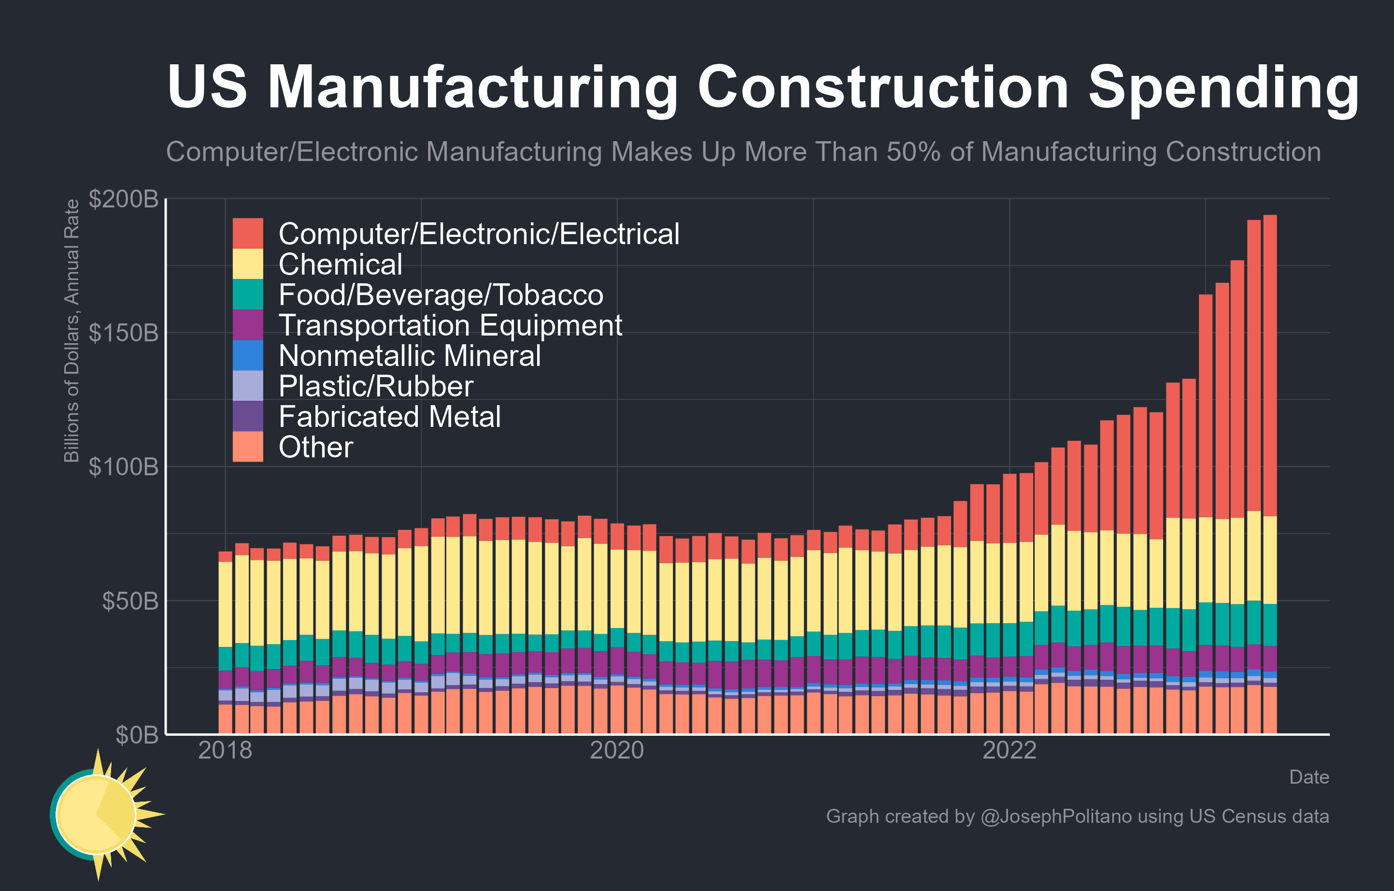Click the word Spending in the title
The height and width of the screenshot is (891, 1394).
1223,88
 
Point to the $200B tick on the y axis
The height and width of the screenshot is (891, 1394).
123,199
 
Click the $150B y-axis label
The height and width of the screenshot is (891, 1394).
123,333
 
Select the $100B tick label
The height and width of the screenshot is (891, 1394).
123,467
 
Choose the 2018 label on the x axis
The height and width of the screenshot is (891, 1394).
225,751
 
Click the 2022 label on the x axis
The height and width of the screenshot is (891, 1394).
1009,751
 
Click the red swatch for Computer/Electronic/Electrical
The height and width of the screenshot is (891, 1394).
248,234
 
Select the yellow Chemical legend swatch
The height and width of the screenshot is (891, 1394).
248,264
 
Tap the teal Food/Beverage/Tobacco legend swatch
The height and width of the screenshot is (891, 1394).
248,294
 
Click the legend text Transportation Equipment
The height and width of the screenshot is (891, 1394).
450,325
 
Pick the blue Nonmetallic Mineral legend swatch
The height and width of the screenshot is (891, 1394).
248,355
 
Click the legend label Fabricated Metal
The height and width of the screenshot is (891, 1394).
390,417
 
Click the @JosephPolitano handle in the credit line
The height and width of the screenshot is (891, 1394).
1056,816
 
